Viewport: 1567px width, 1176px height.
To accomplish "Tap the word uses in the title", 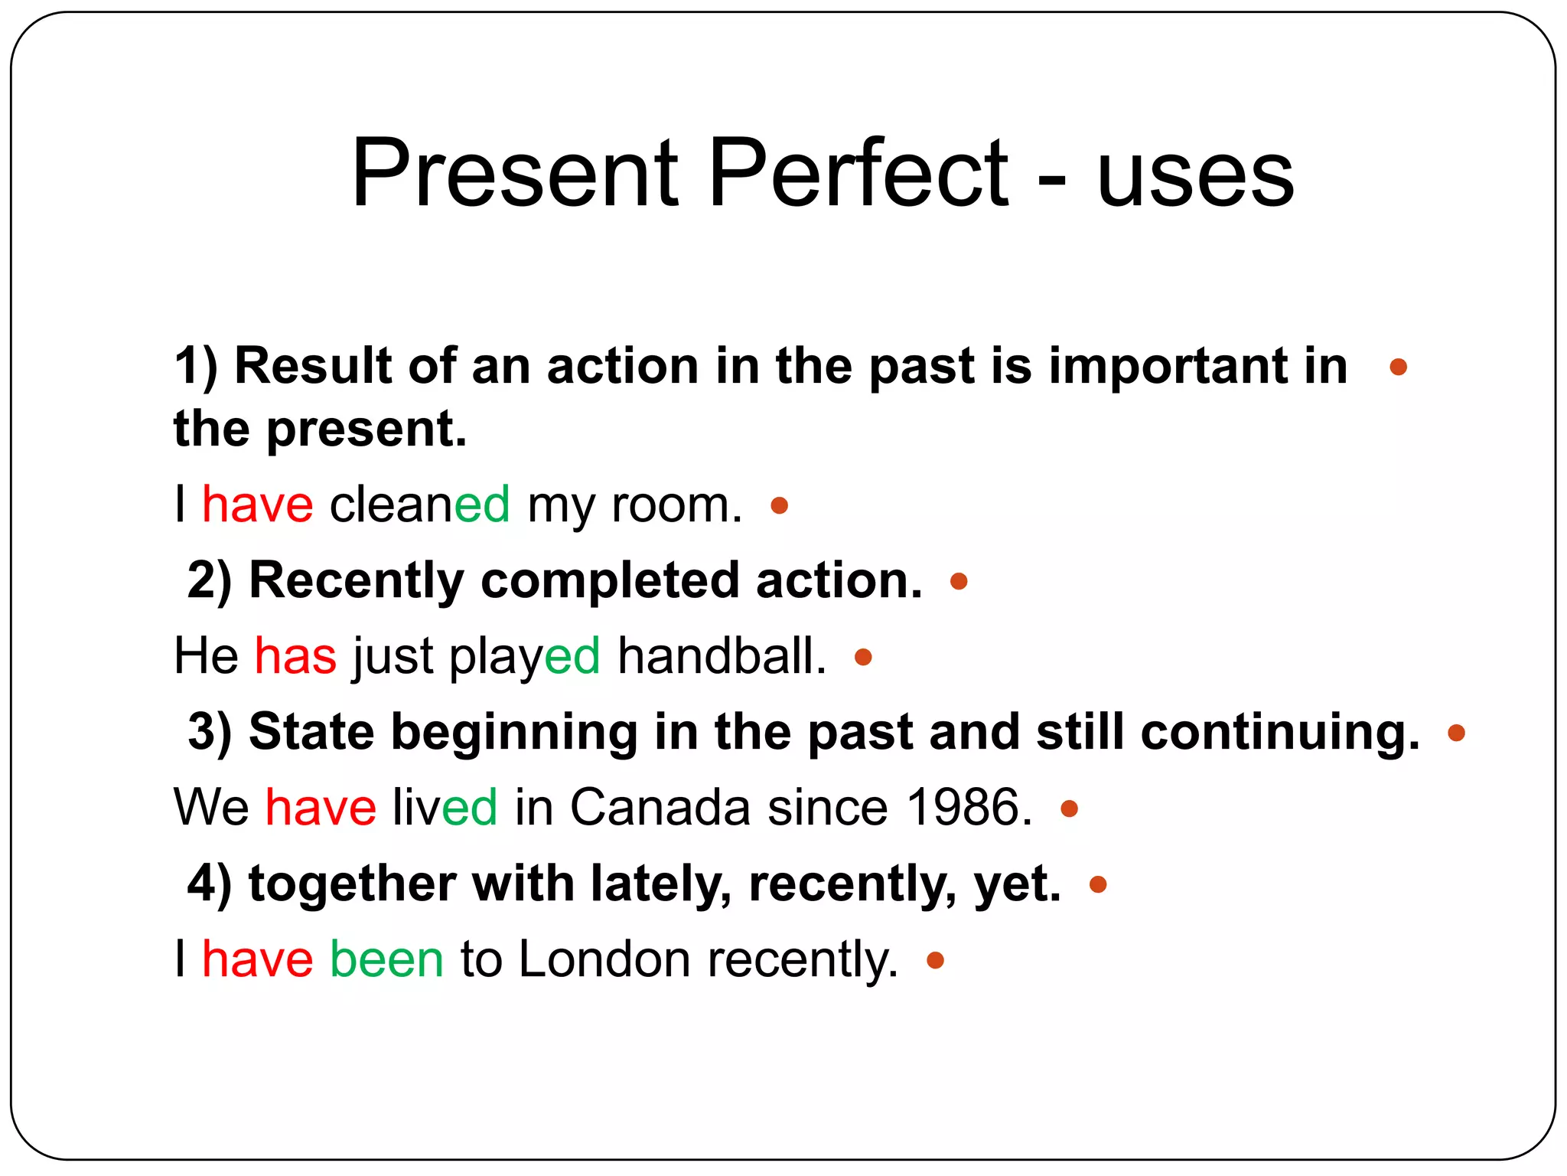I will [x=1195, y=178].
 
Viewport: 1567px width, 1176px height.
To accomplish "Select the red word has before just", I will [x=295, y=656].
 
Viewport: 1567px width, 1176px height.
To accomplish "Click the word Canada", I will [x=660, y=808].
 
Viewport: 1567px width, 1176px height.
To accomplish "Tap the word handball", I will [x=722, y=656].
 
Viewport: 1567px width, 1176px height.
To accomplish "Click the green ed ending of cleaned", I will [x=482, y=505].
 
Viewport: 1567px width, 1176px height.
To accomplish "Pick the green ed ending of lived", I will [x=470, y=808].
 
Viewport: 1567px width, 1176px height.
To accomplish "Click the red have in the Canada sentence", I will [x=321, y=808].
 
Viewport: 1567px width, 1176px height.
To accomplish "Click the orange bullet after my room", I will [x=779, y=505].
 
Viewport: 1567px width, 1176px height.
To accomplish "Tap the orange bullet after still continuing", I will [x=1456, y=733].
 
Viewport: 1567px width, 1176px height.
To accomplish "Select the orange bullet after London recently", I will [x=935, y=959].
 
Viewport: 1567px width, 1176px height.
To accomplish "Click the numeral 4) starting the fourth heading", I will [x=209, y=884].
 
